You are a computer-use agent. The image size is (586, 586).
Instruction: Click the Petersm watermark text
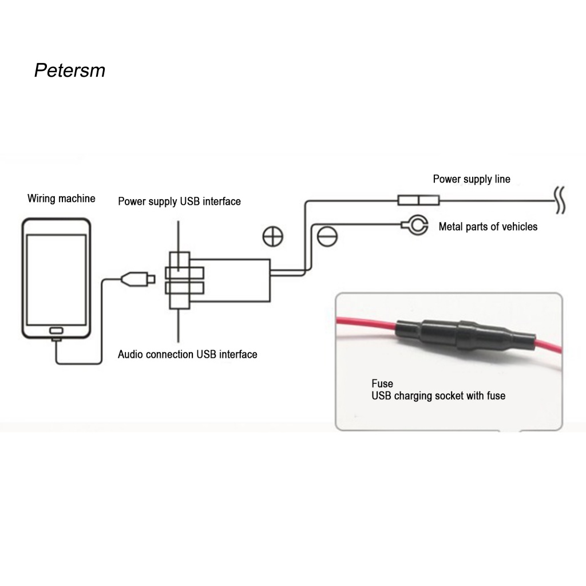pyautogui.click(x=70, y=70)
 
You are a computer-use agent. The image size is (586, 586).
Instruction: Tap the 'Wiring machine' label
pyautogui.click(x=61, y=199)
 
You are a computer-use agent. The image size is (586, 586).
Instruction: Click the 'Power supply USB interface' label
pyautogui.click(x=179, y=201)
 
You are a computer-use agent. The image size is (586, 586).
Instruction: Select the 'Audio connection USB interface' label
pyautogui.click(x=187, y=354)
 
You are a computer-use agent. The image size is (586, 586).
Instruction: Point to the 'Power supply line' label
pyautogui.click(x=471, y=179)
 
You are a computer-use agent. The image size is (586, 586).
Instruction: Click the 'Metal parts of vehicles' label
pyautogui.click(x=488, y=227)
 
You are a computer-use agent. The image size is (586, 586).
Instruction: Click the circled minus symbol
pyautogui.click(x=327, y=236)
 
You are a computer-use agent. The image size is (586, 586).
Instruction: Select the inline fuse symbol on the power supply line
pyautogui.click(x=418, y=200)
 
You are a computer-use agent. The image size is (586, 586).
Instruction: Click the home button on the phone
pyautogui.click(x=56, y=331)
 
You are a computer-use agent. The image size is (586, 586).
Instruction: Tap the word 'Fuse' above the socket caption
pyautogui.click(x=382, y=383)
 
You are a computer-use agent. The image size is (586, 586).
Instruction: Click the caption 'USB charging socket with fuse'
pyautogui.click(x=438, y=395)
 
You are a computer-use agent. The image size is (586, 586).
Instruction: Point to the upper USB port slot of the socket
pyautogui.click(x=184, y=272)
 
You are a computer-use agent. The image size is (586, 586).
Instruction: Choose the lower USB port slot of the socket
pyautogui.click(x=184, y=287)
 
